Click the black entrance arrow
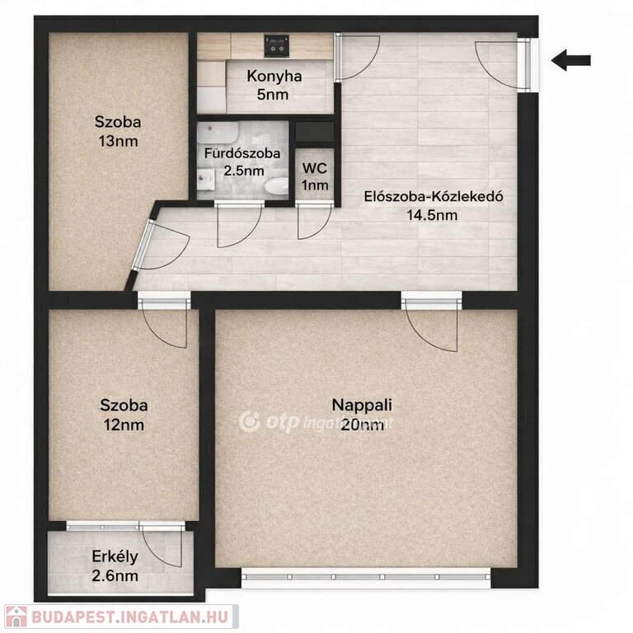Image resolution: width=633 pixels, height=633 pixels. click(571, 60)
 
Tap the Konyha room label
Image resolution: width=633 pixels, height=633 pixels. click(274, 76)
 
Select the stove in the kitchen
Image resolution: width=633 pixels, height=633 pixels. click(277, 45)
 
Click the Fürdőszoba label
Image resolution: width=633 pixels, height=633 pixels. click(242, 153)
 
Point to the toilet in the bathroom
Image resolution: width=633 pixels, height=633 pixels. click(276, 186)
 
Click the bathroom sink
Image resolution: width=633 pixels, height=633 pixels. click(206, 179)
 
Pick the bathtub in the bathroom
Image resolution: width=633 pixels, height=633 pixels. click(218, 133)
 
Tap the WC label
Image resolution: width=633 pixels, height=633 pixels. click(315, 168)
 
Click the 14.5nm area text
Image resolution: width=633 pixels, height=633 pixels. click(432, 215)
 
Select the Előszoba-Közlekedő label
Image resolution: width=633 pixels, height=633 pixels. click(434, 197)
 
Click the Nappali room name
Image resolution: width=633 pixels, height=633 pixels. click(362, 405)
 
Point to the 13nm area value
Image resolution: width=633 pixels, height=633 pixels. click(119, 141)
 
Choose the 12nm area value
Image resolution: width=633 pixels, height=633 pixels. click(124, 424)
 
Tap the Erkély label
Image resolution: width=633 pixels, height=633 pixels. click(115, 556)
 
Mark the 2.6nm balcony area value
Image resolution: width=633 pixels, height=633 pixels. click(115, 575)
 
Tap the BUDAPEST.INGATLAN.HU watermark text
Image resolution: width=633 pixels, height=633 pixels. click(129, 617)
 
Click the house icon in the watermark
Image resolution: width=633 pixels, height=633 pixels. click(16, 617)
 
